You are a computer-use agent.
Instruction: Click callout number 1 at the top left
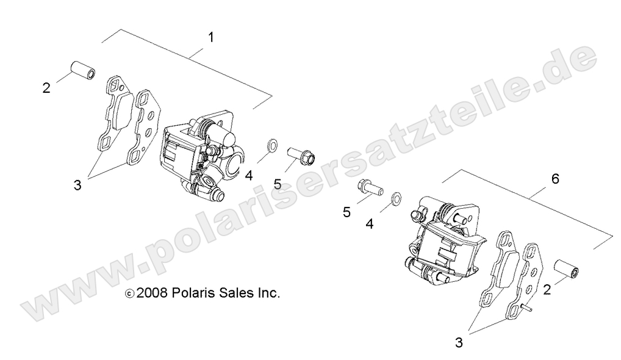(211, 37)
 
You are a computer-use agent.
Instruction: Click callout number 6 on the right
(555, 179)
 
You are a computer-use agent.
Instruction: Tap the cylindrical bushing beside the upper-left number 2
(82, 70)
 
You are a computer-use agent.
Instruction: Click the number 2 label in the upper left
(47, 88)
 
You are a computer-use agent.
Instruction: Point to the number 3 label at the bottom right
(458, 343)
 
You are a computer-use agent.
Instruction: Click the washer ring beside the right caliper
(396, 197)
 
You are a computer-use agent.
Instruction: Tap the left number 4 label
(249, 176)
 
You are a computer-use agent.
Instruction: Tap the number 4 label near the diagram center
(369, 224)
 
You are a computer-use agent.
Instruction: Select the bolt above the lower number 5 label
(368, 185)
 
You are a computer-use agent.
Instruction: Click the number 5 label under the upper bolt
(278, 183)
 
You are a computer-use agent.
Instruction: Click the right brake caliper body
(442, 241)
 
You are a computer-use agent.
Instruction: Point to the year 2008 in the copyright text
(152, 293)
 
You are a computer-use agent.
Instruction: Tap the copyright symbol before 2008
(128, 293)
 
